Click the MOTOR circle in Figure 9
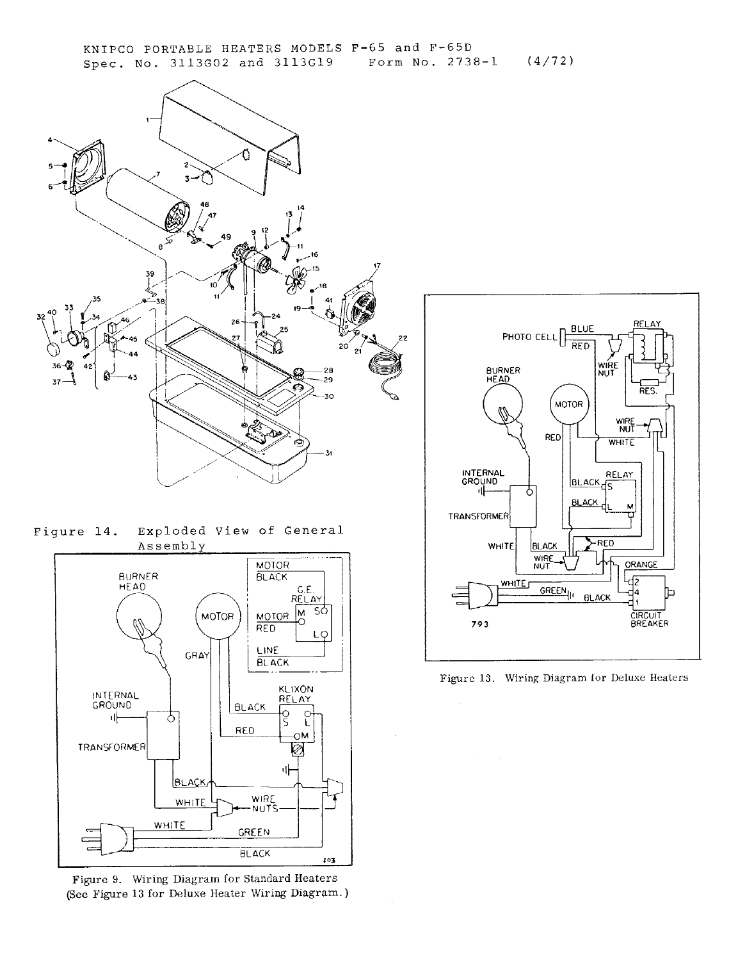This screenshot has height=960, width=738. tap(217, 617)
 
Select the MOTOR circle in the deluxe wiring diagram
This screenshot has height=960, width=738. tap(568, 404)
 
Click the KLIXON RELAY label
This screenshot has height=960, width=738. tap(296, 694)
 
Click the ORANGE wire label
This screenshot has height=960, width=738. tap(641, 565)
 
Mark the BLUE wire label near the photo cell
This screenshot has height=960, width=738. tap(582, 329)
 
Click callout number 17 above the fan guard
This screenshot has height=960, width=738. tap(376, 266)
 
